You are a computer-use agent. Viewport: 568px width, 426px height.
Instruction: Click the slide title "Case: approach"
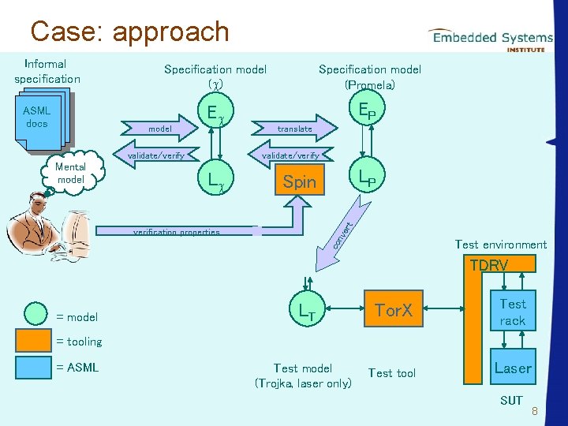[x=129, y=32]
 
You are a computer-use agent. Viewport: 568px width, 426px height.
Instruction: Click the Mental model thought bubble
[x=70, y=174]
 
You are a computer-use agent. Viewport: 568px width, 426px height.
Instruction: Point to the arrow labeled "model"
[x=158, y=128]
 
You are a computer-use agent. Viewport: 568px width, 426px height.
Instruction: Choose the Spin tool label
[x=299, y=182]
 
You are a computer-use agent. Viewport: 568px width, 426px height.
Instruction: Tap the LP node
[x=366, y=179]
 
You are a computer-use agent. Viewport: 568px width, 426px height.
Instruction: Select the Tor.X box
[x=393, y=310]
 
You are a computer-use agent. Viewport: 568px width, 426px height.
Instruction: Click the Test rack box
[x=512, y=312]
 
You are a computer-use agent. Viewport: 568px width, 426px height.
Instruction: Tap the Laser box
[x=512, y=368]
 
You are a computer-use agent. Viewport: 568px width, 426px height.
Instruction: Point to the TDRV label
[x=489, y=265]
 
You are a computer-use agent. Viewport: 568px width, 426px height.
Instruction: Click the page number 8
[x=534, y=412]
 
